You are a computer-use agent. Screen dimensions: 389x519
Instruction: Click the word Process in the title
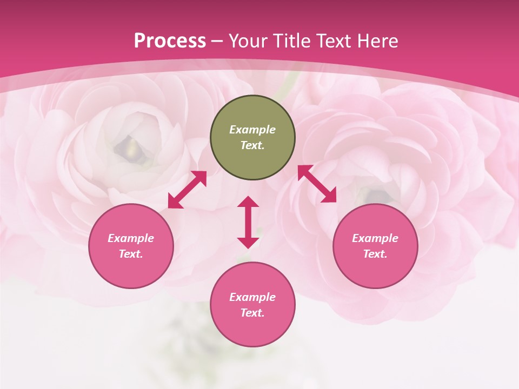(170, 41)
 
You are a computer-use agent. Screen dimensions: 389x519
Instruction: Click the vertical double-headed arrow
(248, 222)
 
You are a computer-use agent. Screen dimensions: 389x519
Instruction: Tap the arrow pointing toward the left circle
(187, 190)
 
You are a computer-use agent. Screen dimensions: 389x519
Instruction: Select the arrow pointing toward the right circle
(317, 184)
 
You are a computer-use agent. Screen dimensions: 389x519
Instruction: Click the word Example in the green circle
(252, 130)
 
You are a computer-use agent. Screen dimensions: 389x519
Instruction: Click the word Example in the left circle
(131, 238)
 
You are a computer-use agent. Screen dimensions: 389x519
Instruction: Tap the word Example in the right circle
(375, 238)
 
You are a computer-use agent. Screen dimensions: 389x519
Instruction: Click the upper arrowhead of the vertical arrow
(248, 202)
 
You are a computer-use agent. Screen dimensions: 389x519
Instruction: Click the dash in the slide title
(217, 41)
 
